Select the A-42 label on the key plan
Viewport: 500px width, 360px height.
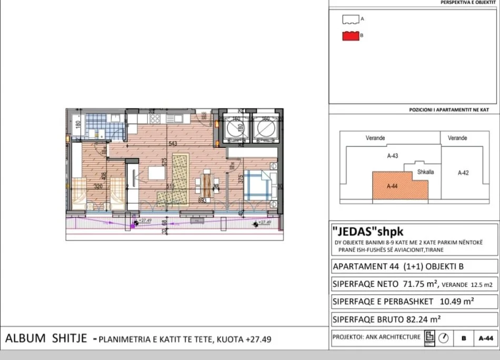[463, 173]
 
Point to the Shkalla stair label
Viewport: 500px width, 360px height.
[425, 172]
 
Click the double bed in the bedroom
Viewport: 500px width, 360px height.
[261, 184]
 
